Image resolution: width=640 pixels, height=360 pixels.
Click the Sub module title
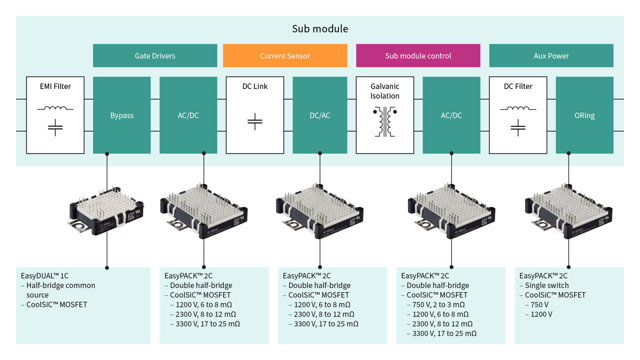point(320,29)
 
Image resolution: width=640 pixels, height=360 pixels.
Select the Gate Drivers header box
point(155,55)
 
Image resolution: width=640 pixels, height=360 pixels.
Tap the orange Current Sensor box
point(285,55)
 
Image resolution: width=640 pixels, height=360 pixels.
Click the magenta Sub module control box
point(418,55)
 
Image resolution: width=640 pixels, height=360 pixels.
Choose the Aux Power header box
point(551,55)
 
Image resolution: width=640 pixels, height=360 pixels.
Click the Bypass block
point(122,115)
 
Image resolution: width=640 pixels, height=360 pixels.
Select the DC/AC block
point(319,115)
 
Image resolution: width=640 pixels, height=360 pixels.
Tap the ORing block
point(584,115)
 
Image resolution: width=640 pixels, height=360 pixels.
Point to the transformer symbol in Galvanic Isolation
point(385,121)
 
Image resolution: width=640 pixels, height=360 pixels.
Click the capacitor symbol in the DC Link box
point(255,120)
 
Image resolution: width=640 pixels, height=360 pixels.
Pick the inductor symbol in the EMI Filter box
point(55,107)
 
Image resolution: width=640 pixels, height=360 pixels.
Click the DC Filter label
point(518,86)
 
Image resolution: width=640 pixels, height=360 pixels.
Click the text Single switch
point(546,285)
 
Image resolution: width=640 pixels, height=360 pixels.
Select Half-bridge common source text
point(60,290)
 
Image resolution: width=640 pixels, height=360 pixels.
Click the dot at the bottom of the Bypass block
point(107,153)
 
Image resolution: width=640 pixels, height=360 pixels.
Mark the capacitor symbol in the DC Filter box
point(518,127)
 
